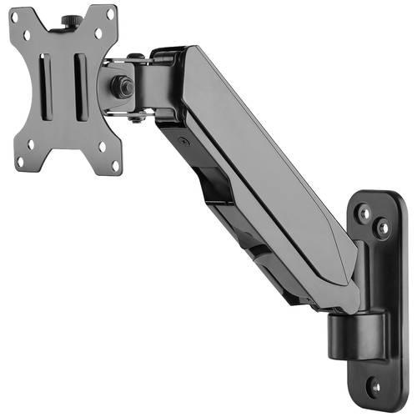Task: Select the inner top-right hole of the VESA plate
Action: pos(98,33)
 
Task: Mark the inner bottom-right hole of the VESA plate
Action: pos(102,146)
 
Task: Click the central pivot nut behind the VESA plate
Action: pos(123,84)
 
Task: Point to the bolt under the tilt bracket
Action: pos(135,119)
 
